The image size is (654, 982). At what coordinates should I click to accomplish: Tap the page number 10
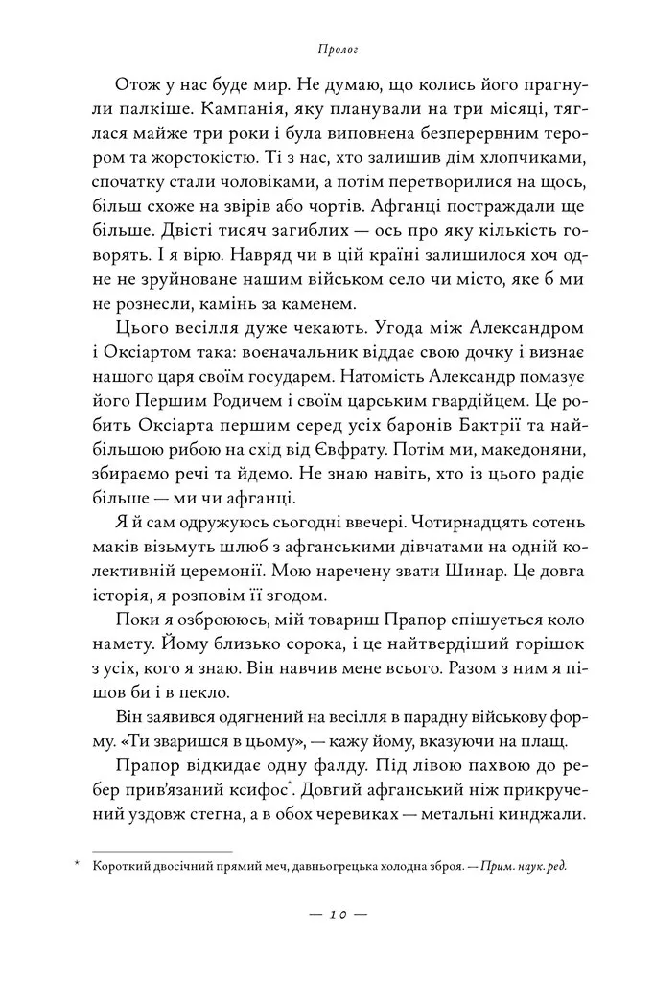pos(328,915)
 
